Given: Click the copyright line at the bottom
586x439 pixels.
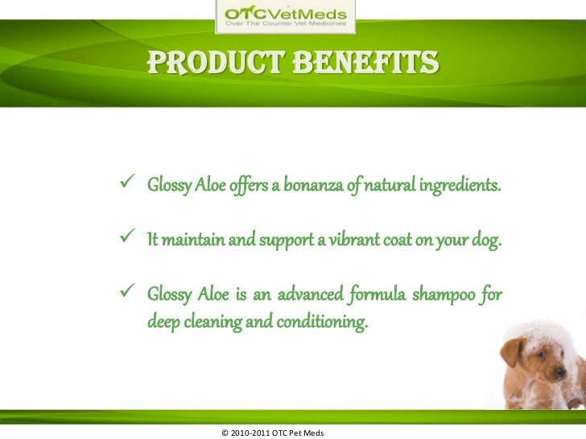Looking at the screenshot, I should pos(272,433).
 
